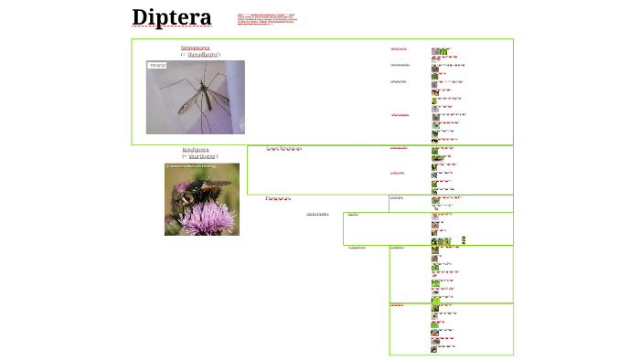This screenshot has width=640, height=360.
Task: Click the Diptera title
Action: coord(171,18)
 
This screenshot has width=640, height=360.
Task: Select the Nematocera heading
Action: coord(195,47)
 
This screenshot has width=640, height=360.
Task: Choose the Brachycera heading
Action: coord(195,148)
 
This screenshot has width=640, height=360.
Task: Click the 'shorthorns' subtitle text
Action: coord(202,156)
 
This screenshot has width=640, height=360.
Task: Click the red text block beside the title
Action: coord(266,19)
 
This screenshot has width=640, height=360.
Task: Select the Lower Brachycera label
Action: coord(283,148)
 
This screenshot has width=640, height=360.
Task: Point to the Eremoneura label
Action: coord(278,197)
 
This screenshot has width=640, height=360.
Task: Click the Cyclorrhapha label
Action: coord(318,214)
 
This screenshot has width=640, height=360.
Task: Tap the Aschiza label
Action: coord(353,215)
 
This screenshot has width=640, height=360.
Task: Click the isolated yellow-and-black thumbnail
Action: coord(464,239)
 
